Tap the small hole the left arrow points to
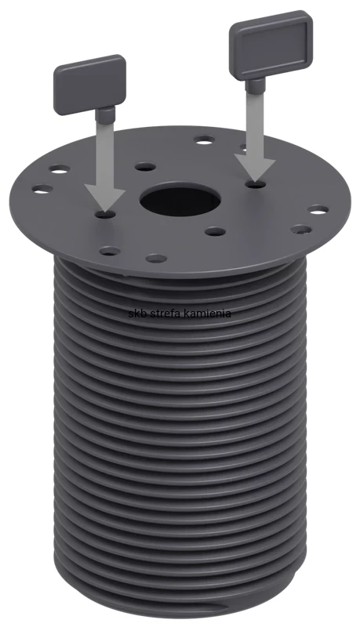point(106,215)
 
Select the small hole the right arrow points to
point(255,184)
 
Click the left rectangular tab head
point(89,85)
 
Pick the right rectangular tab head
point(271,44)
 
